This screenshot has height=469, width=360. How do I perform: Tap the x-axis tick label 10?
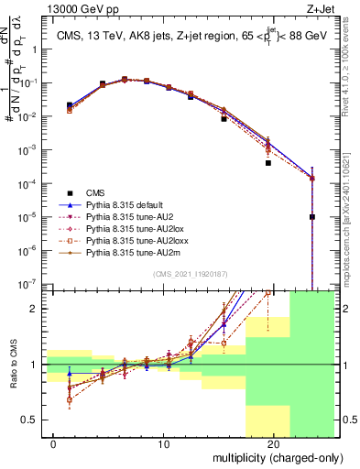[x=164, y=443]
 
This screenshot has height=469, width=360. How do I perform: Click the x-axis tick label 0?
[x=55, y=443]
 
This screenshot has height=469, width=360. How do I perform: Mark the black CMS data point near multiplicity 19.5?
[x=268, y=163]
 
